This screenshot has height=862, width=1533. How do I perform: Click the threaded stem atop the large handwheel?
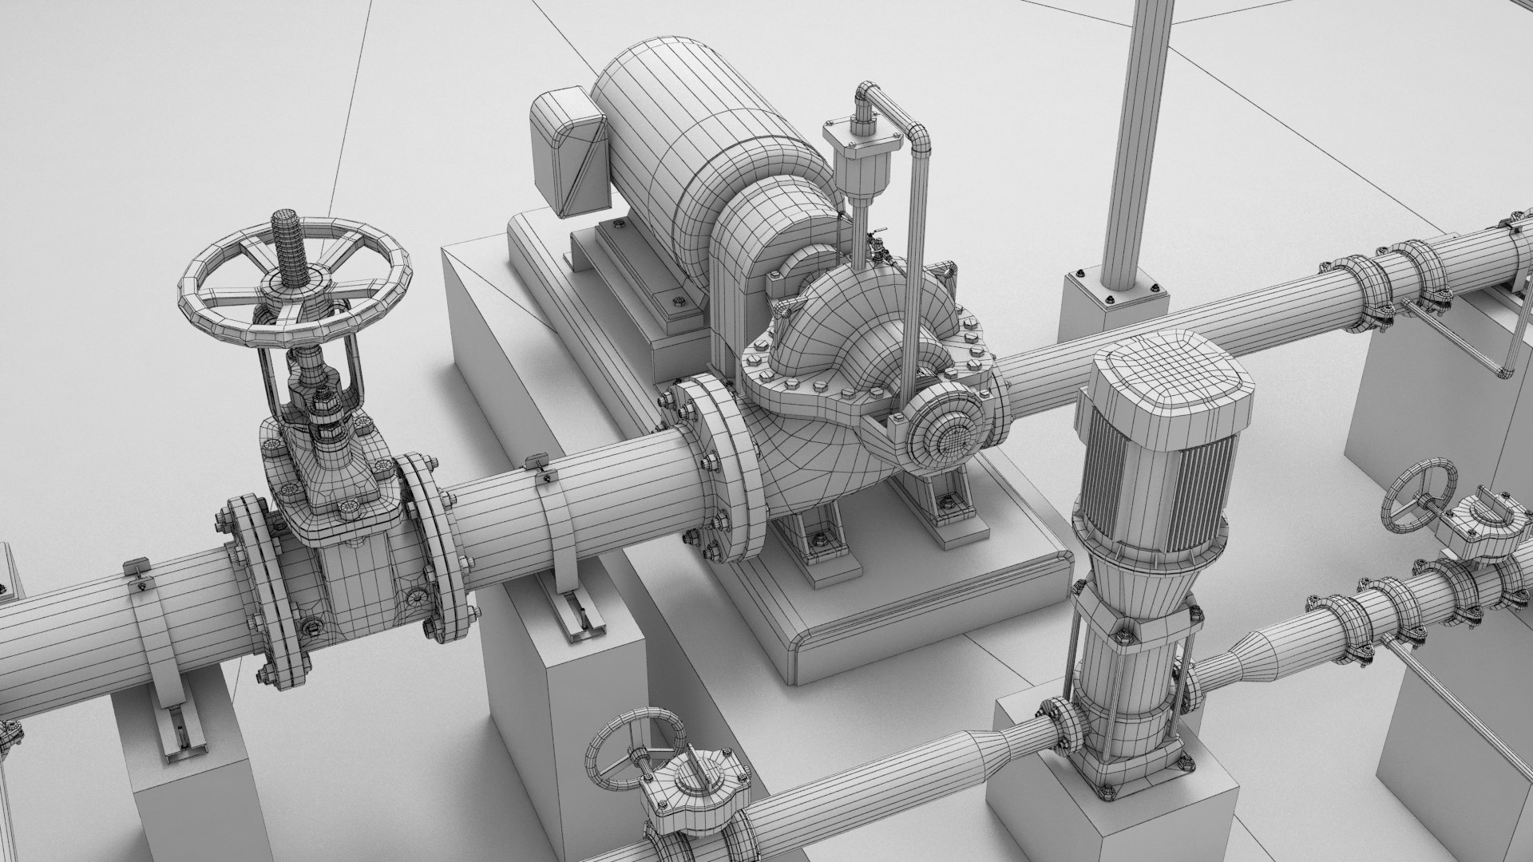click(x=286, y=239)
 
